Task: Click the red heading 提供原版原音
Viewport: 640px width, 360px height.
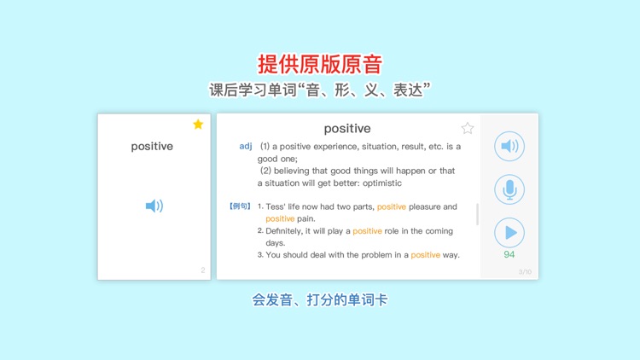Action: [320, 64]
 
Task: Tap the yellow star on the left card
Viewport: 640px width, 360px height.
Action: [198, 125]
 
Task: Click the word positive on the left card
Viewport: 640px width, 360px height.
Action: [152, 147]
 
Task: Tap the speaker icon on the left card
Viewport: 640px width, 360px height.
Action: [154, 206]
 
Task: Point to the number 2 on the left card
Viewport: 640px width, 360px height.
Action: [202, 270]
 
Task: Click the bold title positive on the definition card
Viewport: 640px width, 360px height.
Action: [347, 129]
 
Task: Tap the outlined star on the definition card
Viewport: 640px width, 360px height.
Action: [468, 129]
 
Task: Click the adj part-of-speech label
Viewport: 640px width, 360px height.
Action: [246, 147]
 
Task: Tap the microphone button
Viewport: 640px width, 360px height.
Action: [509, 189]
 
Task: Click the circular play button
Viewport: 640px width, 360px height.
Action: [509, 233]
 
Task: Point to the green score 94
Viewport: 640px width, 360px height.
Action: [509, 254]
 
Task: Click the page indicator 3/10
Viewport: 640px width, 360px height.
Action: [526, 271]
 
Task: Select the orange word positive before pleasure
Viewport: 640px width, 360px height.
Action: [392, 206]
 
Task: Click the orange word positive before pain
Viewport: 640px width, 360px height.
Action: [280, 218]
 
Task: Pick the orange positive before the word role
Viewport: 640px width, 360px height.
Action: [367, 230]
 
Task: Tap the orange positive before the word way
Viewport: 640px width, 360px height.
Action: [425, 254]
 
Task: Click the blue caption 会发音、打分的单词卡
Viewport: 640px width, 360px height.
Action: [320, 300]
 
